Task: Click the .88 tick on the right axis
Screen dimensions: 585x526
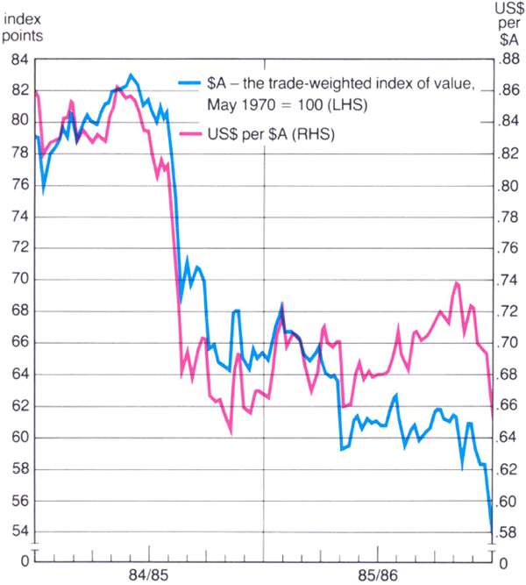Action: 508,59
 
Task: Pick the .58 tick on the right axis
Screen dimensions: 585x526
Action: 508,531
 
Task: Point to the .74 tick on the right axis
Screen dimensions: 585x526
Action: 508,279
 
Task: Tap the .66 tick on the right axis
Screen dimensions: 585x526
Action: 508,405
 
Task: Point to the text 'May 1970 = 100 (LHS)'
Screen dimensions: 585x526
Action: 286,104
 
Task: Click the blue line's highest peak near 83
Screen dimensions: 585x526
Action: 131,75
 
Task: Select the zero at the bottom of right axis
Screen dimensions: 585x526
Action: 501,560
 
